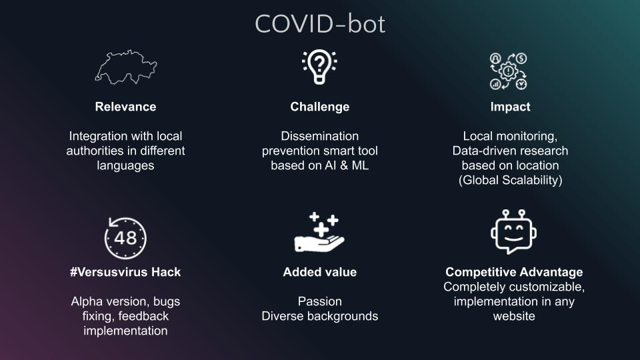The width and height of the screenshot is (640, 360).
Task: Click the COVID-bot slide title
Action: point(320,24)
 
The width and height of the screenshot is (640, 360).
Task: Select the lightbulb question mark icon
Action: point(319,67)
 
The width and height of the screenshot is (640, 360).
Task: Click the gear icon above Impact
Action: point(509,71)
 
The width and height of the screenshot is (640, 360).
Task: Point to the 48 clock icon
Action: point(125,237)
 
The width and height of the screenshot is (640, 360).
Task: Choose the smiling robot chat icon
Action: point(513,233)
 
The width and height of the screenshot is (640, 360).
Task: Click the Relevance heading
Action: point(125,107)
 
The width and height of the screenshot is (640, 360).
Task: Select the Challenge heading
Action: point(319,107)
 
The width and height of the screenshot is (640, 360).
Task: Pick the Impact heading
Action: point(510,107)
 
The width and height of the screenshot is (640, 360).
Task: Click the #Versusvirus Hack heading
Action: point(125,272)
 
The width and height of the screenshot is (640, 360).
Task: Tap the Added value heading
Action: point(319,272)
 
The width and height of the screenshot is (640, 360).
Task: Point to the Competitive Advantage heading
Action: point(514,272)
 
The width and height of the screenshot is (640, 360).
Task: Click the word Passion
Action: point(319,301)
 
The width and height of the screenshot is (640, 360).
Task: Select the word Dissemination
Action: point(319,136)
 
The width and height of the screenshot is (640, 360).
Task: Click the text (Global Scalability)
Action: point(510,180)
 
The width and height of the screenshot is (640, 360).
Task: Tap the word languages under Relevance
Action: point(125,165)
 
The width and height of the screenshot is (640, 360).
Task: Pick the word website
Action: point(514,316)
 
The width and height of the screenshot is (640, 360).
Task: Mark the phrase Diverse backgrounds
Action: point(319,316)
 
